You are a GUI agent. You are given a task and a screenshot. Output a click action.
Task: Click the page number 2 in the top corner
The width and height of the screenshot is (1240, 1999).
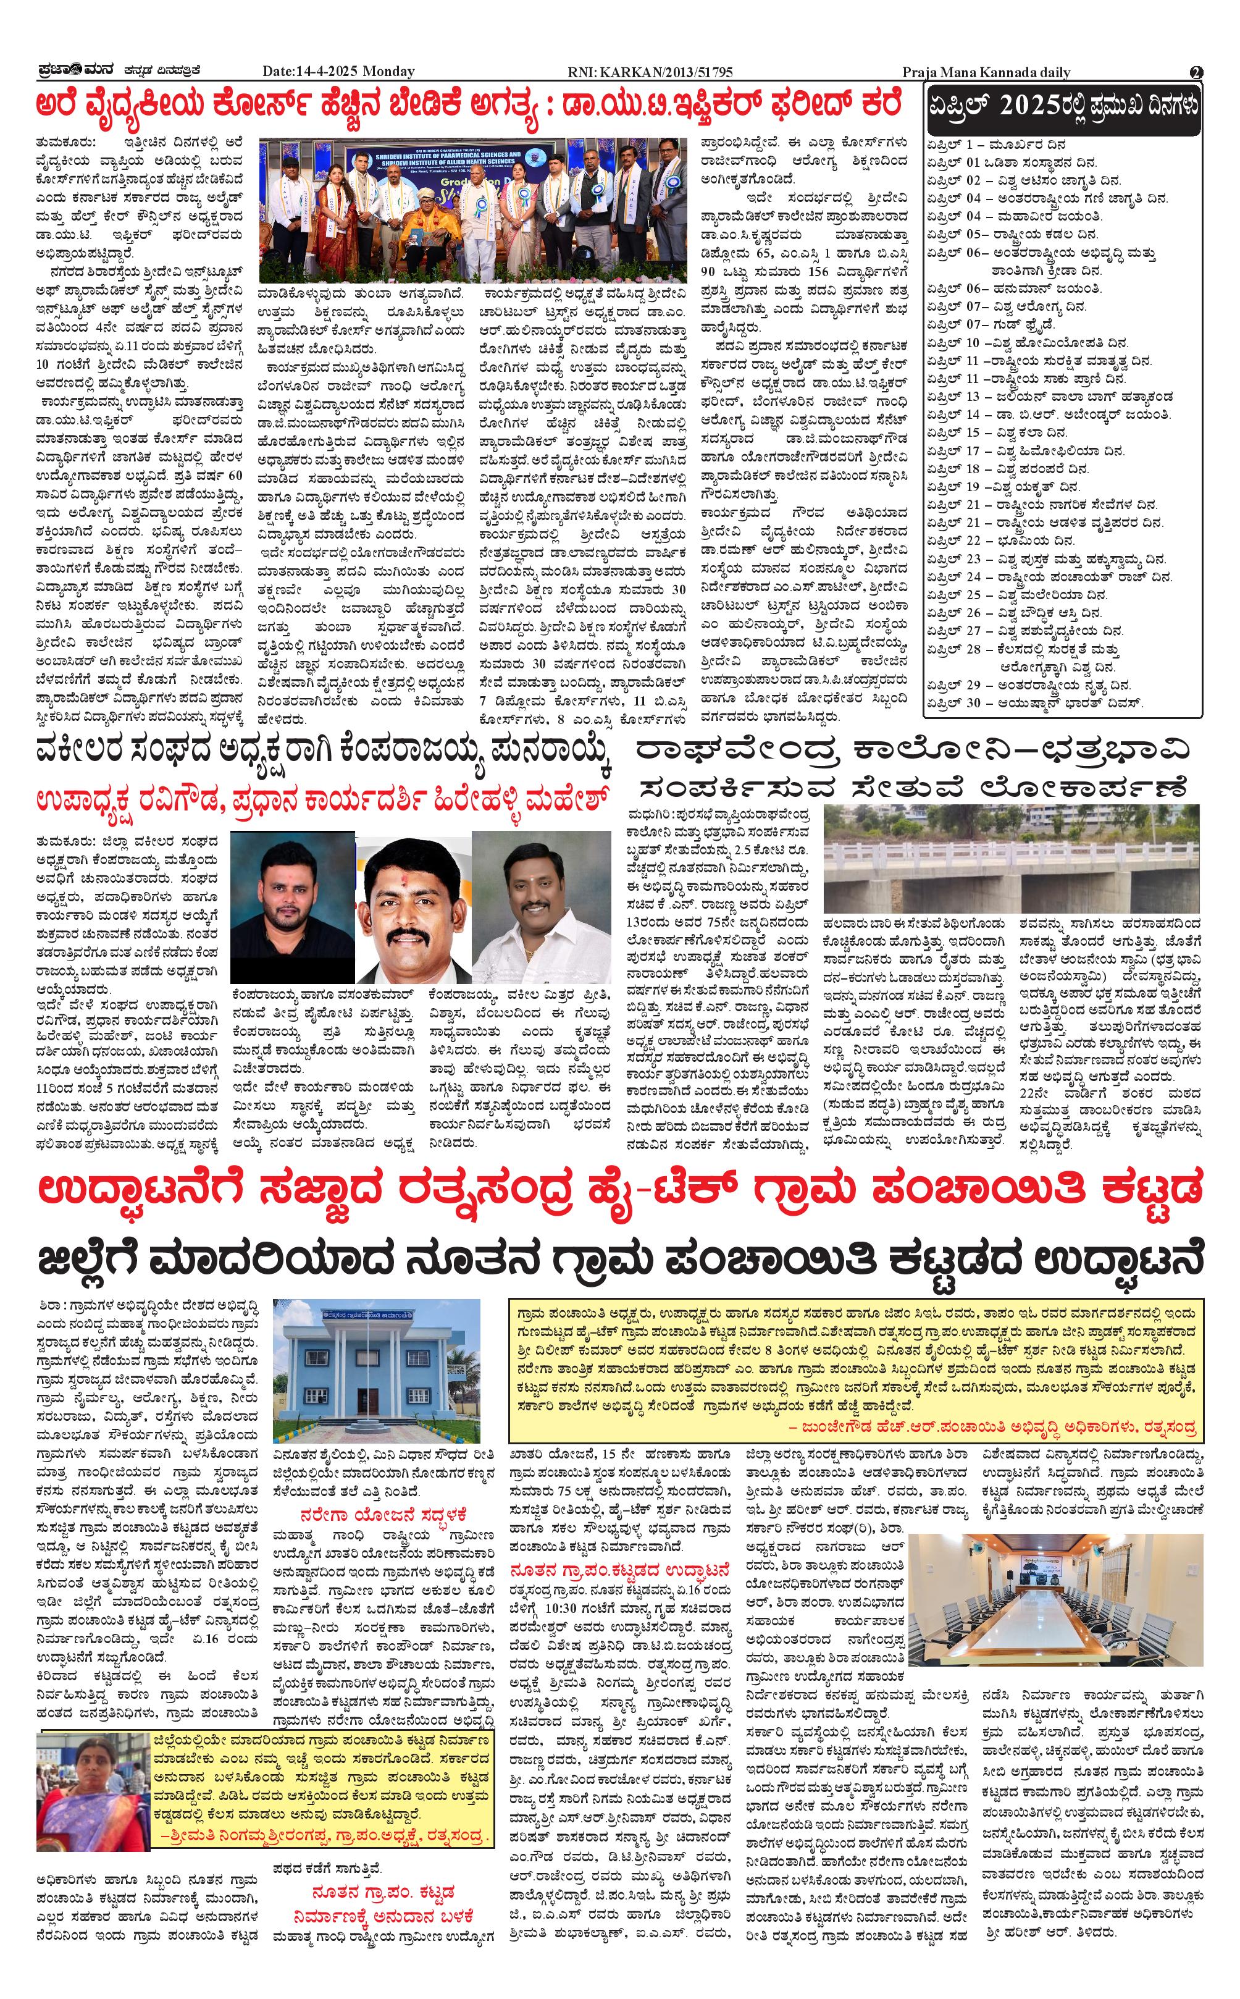point(1197,72)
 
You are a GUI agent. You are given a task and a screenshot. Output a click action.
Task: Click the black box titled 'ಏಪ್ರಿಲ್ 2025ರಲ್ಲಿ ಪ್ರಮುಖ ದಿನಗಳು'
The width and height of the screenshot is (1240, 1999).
point(1063,111)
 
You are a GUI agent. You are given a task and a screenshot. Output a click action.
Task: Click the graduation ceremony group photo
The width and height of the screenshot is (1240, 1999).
point(473,210)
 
